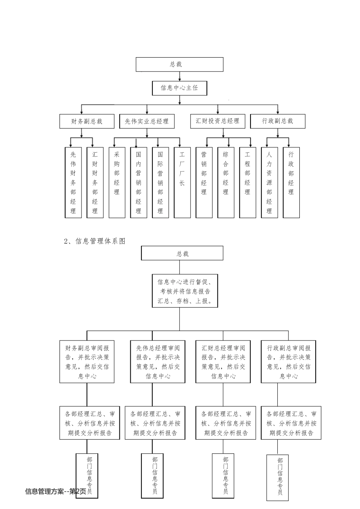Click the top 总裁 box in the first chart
tap(179, 64)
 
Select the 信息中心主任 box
tap(179, 88)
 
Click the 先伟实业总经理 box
tap(147, 121)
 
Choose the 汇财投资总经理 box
tap(218, 121)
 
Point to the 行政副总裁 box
tap(278, 121)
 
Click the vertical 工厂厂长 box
tap(182, 183)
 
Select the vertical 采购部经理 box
tap(117, 183)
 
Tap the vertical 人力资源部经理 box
tap(269, 183)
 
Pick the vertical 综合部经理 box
tap(226, 183)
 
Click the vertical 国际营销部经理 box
tap(160, 183)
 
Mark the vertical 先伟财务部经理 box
tap(73, 183)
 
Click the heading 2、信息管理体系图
tap(95, 241)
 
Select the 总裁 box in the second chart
tap(182, 253)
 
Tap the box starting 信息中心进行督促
tap(185, 291)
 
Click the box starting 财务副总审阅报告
tap(87, 362)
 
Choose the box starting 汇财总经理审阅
tap(223, 362)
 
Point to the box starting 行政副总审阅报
tap(288, 362)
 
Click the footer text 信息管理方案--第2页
tap(55, 492)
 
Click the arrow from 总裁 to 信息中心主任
tap(180, 76)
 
